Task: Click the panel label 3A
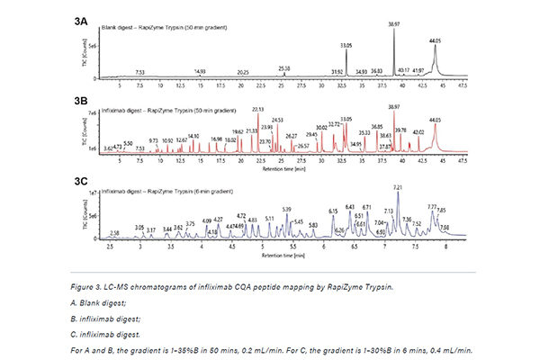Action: pos(82,18)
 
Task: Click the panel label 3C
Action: pos(82,180)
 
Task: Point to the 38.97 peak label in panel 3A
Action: pos(393,24)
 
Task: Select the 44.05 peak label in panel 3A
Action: pos(435,41)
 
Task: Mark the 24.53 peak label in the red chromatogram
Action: pos(276,119)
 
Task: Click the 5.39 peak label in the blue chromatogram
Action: pos(286,209)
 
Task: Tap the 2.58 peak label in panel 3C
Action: pos(113,232)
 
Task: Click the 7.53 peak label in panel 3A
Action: pos(139,71)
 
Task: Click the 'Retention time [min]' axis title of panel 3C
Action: pos(280,255)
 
